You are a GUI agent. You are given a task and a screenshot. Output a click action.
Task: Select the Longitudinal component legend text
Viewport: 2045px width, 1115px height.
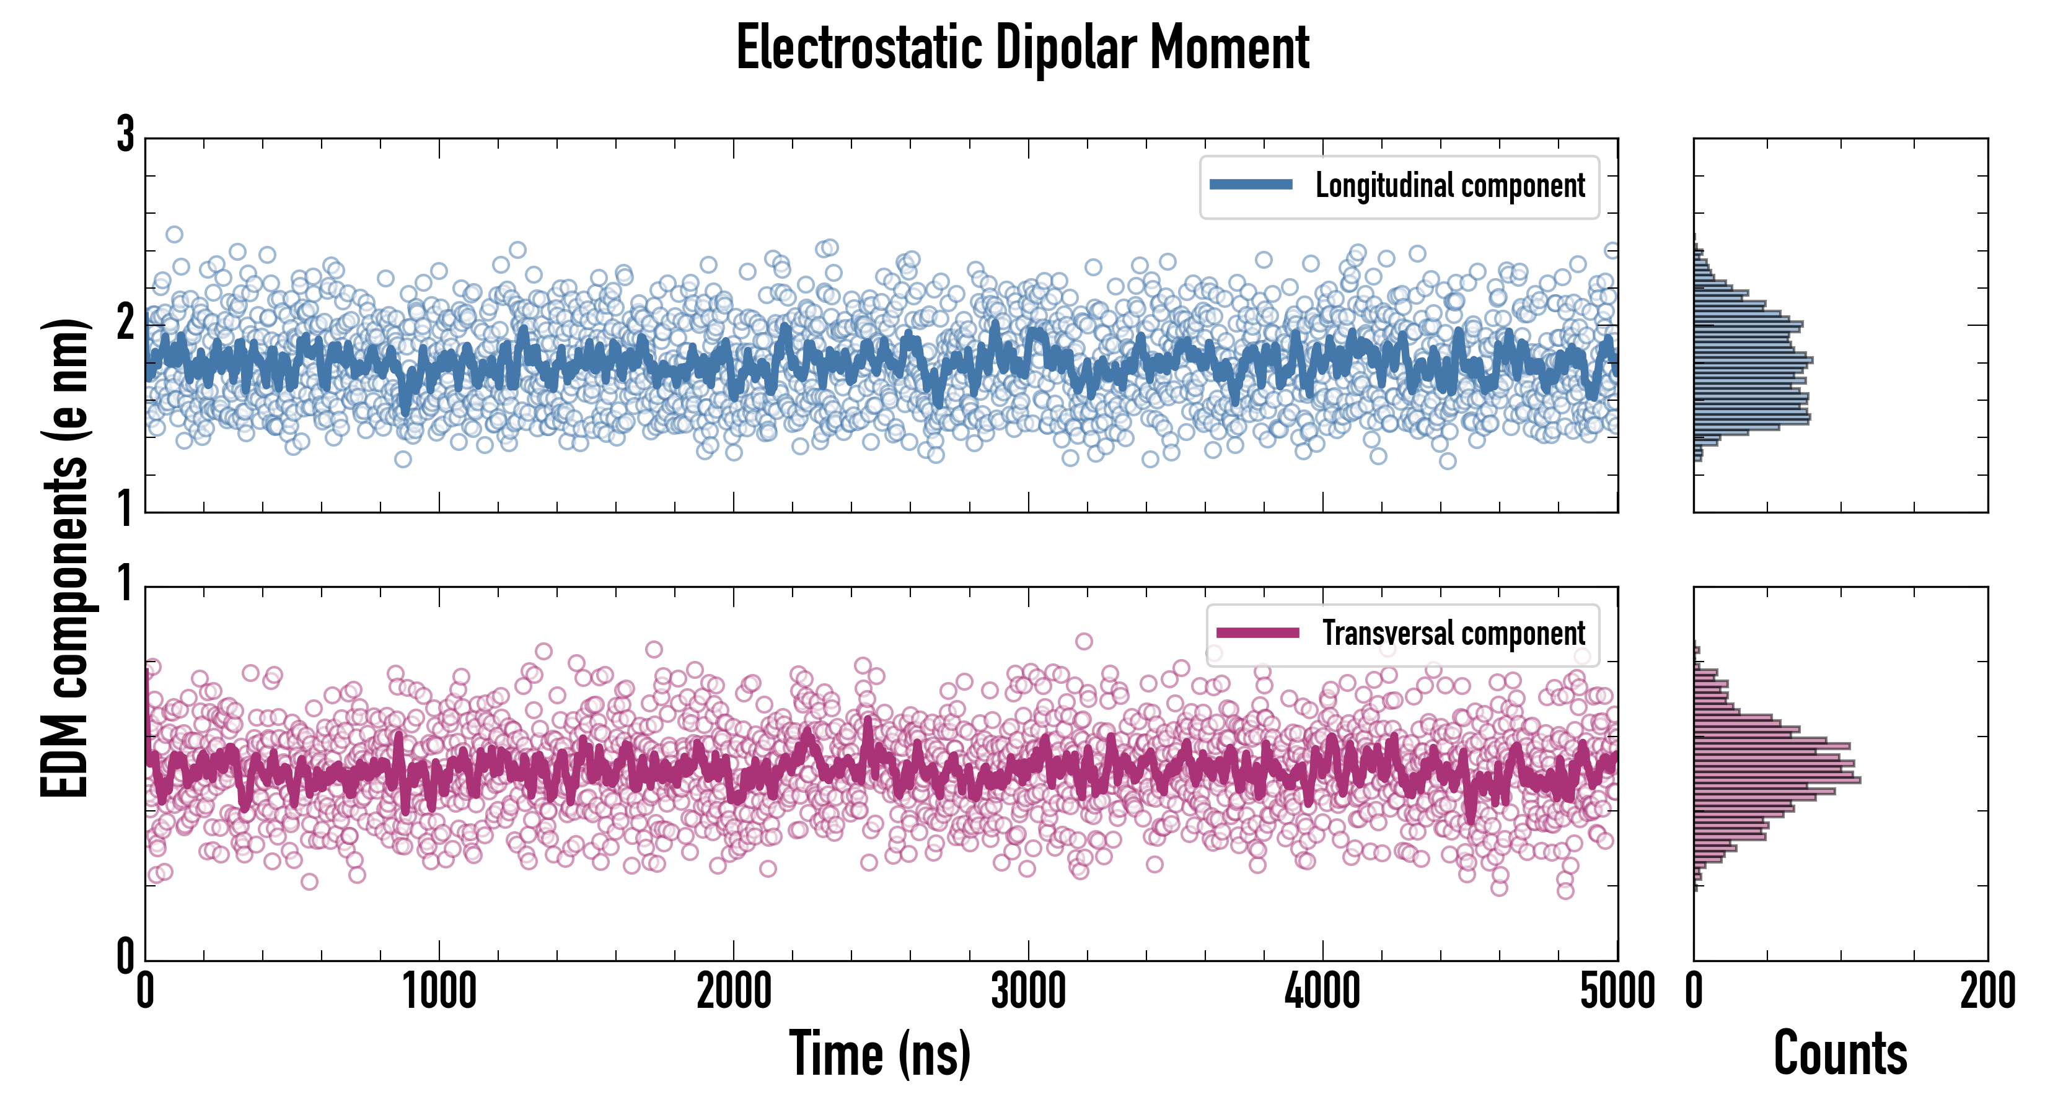click(1449, 186)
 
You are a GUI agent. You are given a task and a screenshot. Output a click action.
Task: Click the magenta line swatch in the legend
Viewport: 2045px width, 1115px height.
click(1257, 633)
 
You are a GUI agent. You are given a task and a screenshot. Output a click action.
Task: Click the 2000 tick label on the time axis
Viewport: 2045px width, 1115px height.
click(734, 991)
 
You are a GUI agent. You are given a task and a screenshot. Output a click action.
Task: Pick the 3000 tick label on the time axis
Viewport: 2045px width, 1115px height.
click(1029, 991)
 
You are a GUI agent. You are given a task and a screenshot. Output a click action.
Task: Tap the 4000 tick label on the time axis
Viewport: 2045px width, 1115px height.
click(1322, 991)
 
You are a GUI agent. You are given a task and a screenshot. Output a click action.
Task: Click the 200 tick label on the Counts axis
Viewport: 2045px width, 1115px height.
click(1987, 991)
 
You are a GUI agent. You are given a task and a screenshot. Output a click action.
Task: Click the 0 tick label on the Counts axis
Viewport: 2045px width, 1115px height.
click(1694, 991)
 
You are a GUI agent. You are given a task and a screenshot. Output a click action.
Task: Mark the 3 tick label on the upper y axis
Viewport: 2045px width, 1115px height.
click(125, 135)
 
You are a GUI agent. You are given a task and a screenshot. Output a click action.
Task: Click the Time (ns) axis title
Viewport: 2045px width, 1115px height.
click(879, 1054)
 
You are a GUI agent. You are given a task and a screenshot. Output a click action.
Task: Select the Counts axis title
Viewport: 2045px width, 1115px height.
click(1840, 1054)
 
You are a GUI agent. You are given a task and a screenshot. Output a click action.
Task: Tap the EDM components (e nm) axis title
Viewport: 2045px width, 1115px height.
click(65, 559)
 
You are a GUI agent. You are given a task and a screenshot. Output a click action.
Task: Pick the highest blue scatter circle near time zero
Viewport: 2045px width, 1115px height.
click(175, 234)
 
